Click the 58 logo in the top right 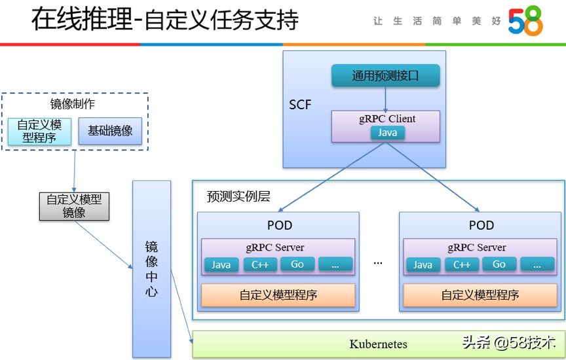click(x=525, y=22)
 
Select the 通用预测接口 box click(x=385, y=76)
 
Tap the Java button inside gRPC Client click(x=387, y=133)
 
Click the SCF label click(x=300, y=105)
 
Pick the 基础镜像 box click(x=110, y=130)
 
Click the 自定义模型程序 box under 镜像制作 click(x=39, y=130)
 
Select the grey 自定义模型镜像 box click(x=73, y=206)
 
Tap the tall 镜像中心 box click(x=151, y=268)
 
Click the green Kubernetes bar click(x=378, y=344)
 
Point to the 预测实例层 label click(x=238, y=196)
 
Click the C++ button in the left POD click(x=260, y=264)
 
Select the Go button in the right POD click(x=499, y=264)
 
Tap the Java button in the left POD click(x=221, y=264)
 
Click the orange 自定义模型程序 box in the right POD click(x=480, y=295)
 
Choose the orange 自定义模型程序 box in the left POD click(x=278, y=295)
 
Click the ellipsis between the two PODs click(x=378, y=262)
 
